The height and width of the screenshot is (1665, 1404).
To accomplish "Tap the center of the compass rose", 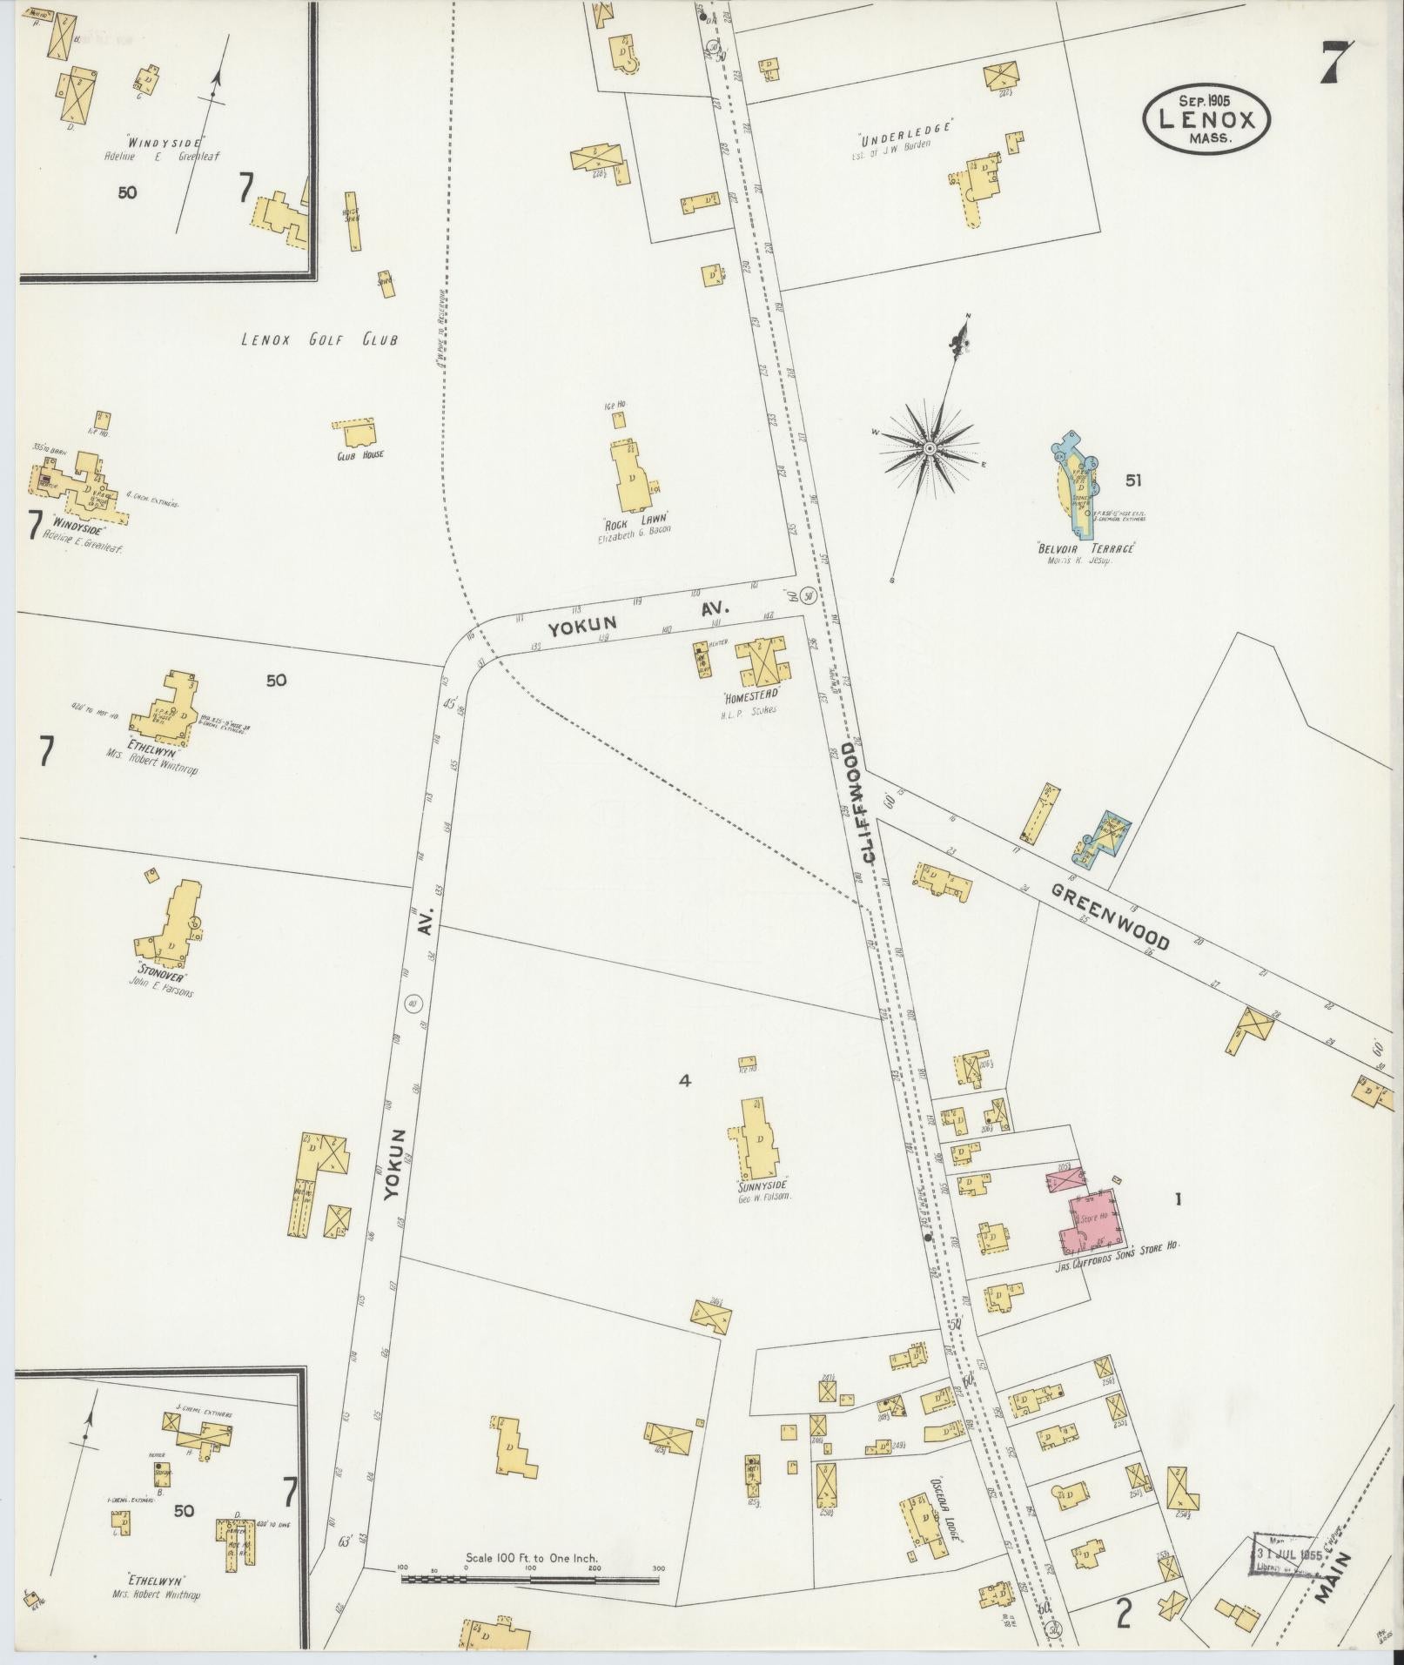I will click(x=929, y=448).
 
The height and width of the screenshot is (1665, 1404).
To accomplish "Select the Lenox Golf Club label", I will click(x=319, y=339).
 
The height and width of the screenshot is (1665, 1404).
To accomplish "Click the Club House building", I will click(x=357, y=433).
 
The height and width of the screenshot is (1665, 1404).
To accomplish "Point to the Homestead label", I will click(x=750, y=697).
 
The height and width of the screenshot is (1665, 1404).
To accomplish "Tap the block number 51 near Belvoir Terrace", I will click(x=1132, y=480).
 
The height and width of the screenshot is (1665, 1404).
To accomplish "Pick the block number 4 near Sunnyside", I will click(x=685, y=1081).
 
